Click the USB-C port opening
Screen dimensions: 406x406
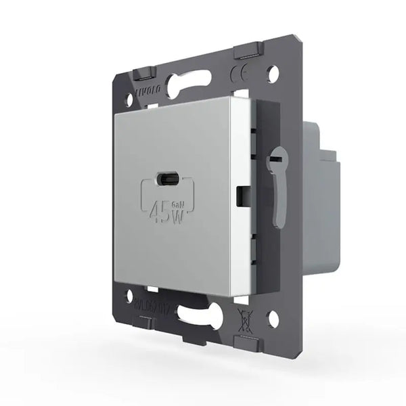[166, 180]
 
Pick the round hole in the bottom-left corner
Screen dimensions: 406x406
[129, 295]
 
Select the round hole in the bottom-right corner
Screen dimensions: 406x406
[273, 318]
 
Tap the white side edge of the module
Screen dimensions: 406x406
[240, 196]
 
